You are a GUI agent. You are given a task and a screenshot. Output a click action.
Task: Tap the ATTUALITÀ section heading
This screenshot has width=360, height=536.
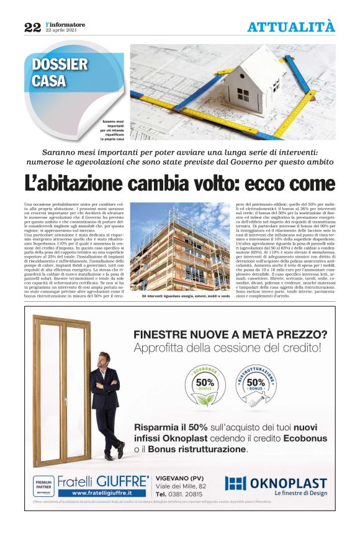click(290, 27)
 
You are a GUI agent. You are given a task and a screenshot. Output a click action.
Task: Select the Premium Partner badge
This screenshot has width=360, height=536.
click(43, 484)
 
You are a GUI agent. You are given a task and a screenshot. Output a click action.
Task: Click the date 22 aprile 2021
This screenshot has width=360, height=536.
click(60, 30)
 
